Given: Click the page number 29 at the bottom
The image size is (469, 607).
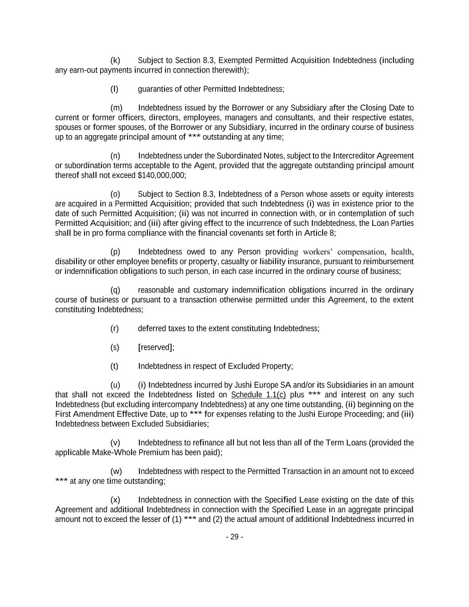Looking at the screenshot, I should (x=234, y=537).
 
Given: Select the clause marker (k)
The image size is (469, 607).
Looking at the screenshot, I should (x=115, y=60).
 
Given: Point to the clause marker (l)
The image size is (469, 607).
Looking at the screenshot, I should (x=114, y=89).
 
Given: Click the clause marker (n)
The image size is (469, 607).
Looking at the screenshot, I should (x=115, y=156).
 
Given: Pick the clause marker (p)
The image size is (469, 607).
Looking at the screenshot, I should (x=115, y=252).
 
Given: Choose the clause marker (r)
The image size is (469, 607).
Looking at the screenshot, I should (x=115, y=328).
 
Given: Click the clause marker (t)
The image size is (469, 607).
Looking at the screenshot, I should (x=114, y=366).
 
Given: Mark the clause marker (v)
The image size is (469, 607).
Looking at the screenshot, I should (x=115, y=443).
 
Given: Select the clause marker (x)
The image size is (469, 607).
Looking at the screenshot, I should (x=115, y=500).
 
